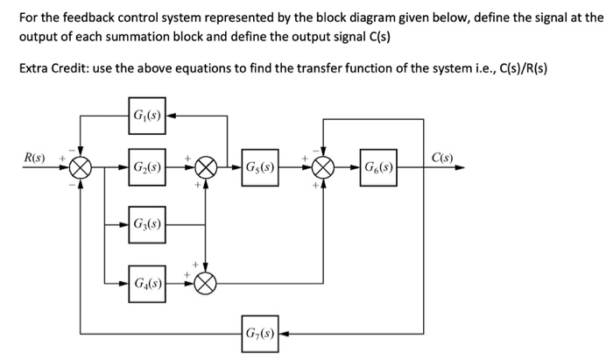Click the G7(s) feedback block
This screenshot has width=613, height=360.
[261, 334]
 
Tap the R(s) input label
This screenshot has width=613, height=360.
[35, 158]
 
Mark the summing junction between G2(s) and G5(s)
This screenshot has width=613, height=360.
[206, 166]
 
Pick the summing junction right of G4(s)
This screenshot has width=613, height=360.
[206, 282]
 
